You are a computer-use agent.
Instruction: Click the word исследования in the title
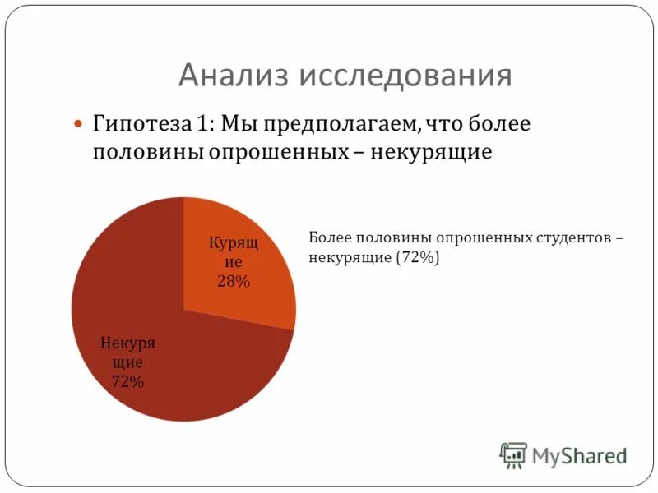click(404, 76)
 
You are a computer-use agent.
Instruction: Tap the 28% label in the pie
click(234, 282)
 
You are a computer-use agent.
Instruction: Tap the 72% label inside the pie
click(127, 381)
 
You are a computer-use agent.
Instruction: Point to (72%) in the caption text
click(419, 257)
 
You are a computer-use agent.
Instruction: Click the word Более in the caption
click(329, 237)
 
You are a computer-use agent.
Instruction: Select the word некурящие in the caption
click(350, 257)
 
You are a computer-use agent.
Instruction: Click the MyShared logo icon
click(513, 454)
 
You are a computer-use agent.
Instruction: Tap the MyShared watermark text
click(579, 454)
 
